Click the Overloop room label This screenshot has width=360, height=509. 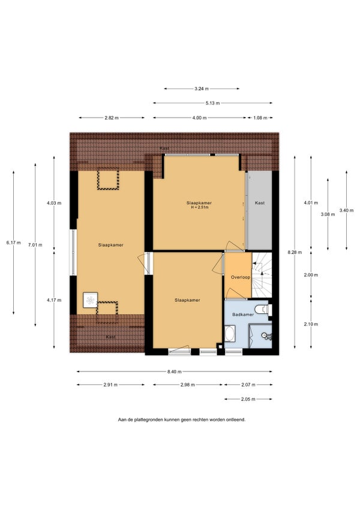pyautogui.click(x=241, y=277)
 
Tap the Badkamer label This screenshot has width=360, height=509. pyautogui.click(x=243, y=315)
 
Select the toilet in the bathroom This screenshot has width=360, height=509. pyautogui.click(x=263, y=309)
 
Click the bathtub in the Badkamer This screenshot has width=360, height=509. pyautogui.click(x=230, y=334)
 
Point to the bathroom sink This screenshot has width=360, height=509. pyautogui.click(x=268, y=336)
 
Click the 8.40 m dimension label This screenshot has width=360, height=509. pyautogui.click(x=175, y=372)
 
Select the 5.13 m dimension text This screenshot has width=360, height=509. pyautogui.click(x=212, y=103)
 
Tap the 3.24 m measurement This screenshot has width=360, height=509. pyautogui.click(x=202, y=89)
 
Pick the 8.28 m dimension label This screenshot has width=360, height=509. pyautogui.click(x=295, y=252)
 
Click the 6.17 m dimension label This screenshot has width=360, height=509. pyautogui.click(x=13, y=242)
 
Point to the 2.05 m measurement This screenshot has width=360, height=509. pyautogui.click(x=248, y=399)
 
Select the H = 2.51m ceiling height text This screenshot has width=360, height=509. pyautogui.click(x=199, y=207)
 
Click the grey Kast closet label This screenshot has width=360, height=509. pyautogui.click(x=260, y=203)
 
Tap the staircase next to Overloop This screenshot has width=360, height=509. pyautogui.click(x=262, y=275)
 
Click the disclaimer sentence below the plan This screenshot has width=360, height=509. pyautogui.click(x=182, y=420)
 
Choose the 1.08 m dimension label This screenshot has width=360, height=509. pyautogui.click(x=260, y=118)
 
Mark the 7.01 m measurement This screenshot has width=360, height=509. pyautogui.click(x=35, y=245)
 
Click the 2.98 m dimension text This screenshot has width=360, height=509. pyautogui.click(x=188, y=385)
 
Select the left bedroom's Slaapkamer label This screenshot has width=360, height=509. pyautogui.click(x=110, y=245)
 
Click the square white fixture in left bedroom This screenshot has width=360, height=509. pyautogui.click(x=90, y=300)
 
